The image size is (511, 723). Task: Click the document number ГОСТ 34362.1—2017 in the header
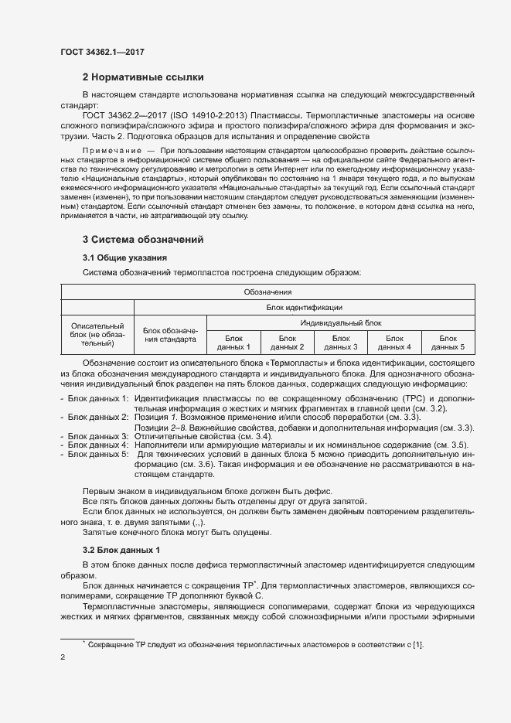102,52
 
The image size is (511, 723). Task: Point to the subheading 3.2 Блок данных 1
121,550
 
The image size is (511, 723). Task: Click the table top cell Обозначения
267,292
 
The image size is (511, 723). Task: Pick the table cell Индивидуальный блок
340,322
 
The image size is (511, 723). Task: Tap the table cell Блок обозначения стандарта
171,334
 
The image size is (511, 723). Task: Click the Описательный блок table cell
97,335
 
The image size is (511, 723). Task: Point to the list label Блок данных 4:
97,445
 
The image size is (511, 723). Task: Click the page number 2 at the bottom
63,658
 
